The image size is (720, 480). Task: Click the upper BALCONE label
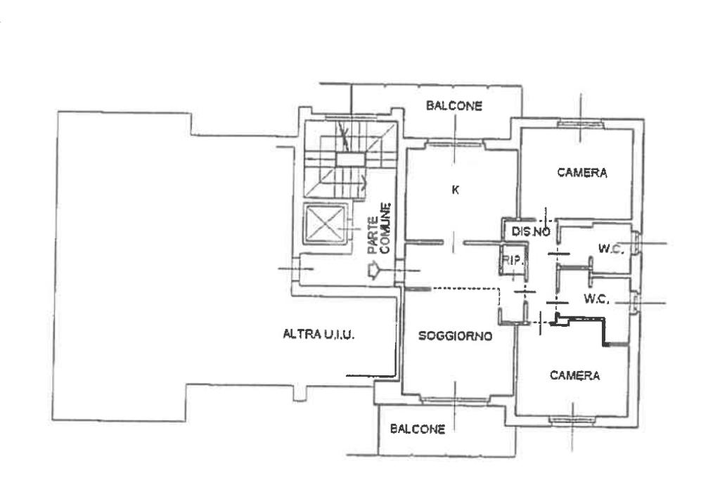(x=454, y=106)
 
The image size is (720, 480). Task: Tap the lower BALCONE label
(x=418, y=429)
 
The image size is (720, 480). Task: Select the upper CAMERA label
(x=582, y=173)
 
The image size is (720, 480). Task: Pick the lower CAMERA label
(x=575, y=375)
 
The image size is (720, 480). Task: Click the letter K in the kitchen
(x=455, y=190)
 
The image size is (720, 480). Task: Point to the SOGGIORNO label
(x=455, y=337)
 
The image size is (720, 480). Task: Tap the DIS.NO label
(x=531, y=232)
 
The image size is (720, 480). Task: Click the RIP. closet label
(x=512, y=261)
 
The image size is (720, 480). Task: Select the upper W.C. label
(x=611, y=249)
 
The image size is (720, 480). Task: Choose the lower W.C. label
(x=596, y=299)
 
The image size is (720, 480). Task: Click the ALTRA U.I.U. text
(x=319, y=334)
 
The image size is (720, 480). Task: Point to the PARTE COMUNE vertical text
(x=380, y=228)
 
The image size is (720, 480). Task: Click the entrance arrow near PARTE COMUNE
(x=373, y=271)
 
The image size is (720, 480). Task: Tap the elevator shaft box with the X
(x=325, y=223)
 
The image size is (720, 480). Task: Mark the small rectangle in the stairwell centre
(x=350, y=160)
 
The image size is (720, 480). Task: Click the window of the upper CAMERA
(x=580, y=123)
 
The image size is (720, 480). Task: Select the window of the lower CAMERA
(x=572, y=419)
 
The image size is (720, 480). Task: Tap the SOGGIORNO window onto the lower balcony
(x=454, y=400)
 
